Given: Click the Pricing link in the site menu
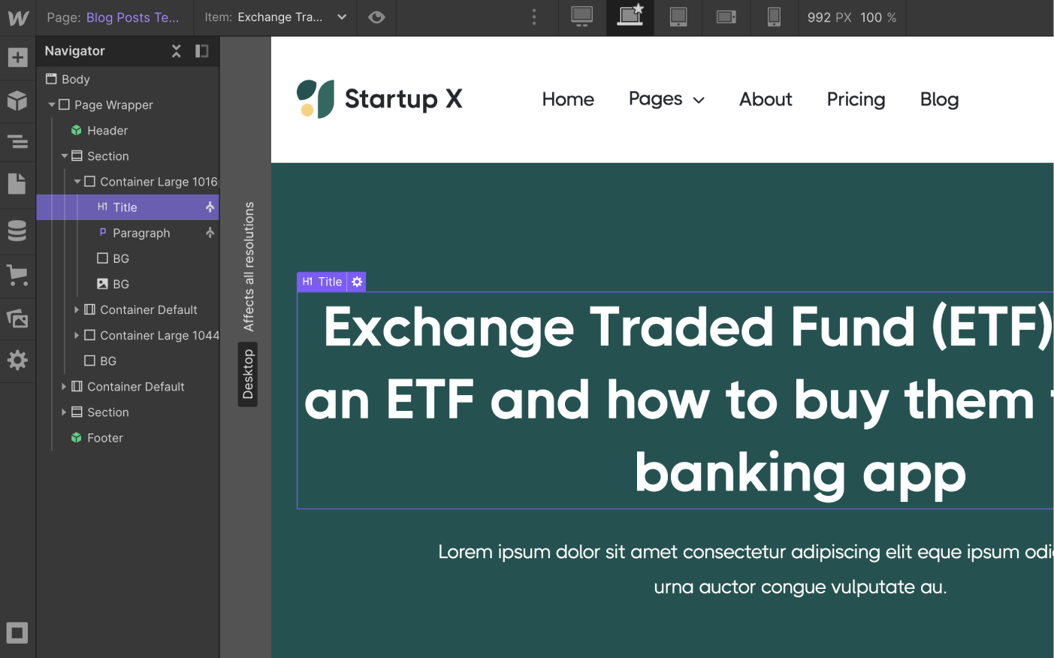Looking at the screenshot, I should point(856,99).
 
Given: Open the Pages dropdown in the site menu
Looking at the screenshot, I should point(666,99).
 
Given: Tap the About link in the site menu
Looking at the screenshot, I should point(766,99).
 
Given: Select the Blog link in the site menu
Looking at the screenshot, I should point(939,99).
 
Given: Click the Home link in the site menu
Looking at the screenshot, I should point(568,99).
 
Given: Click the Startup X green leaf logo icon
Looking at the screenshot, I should point(316,99).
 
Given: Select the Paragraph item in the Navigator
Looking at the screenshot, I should point(141,233).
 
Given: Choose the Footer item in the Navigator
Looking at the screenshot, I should point(105,438).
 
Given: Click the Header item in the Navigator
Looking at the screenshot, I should point(107,131).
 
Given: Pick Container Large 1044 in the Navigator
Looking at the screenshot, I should point(159,335).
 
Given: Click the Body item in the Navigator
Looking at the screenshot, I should point(75,80).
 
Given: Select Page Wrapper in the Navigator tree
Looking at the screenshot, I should point(113,105).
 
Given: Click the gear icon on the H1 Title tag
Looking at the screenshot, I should point(357,282).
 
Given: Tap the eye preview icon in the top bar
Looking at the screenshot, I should point(376,17).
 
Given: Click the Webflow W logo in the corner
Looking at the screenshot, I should point(18,18).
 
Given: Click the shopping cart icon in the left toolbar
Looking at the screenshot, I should point(17,275).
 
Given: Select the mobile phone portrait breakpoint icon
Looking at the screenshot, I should point(774,17).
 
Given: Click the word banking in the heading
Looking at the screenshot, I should point(740,473).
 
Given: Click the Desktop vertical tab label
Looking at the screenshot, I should point(248,374).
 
